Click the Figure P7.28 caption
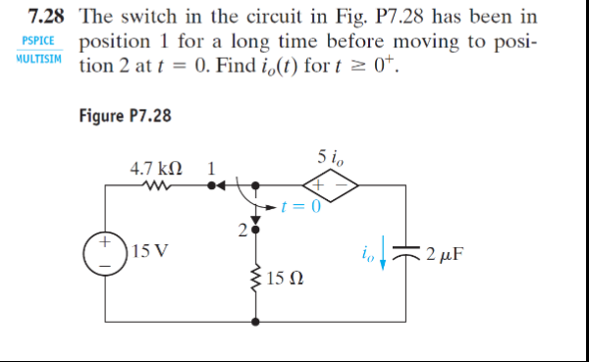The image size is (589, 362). tap(125, 116)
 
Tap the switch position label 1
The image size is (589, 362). tap(210, 167)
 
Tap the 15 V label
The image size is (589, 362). tap(149, 250)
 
